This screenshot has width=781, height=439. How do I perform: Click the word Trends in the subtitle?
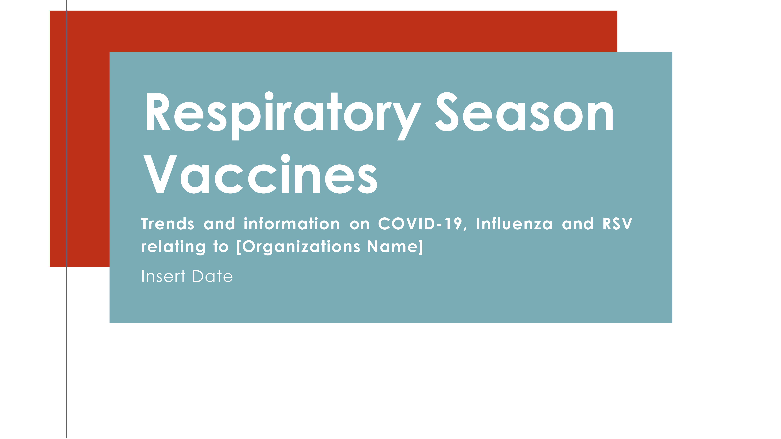pyautogui.click(x=167, y=224)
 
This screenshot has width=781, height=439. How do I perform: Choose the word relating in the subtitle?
pyautogui.click(x=173, y=247)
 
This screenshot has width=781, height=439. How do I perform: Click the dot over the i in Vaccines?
pyautogui.click(x=286, y=158)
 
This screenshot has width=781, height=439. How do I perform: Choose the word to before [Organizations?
pyautogui.click(x=221, y=247)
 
